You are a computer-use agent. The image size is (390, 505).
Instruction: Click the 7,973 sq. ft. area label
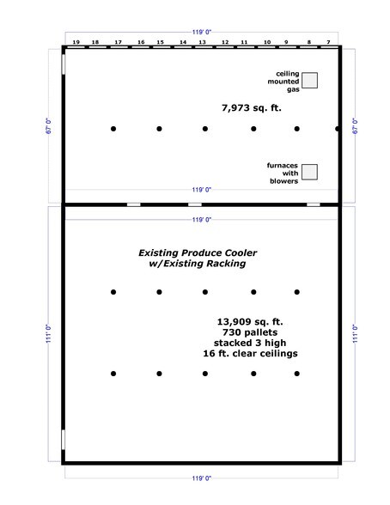click(x=252, y=108)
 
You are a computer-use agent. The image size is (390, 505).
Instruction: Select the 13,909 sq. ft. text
click(x=250, y=322)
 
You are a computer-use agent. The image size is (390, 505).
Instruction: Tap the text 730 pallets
click(x=250, y=332)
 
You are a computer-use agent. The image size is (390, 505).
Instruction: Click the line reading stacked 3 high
click(x=250, y=343)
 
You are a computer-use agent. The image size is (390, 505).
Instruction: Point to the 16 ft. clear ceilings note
click(x=250, y=354)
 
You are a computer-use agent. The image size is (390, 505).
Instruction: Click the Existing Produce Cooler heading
click(x=198, y=252)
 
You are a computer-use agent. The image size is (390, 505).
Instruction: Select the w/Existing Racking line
click(x=198, y=264)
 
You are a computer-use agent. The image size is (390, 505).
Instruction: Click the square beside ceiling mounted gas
click(x=310, y=80)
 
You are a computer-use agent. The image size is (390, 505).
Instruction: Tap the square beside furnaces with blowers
click(x=310, y=172)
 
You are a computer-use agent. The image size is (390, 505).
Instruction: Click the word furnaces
click(x=283, y=166)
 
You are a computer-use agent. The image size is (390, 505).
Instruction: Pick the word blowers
click(x=284, y=181)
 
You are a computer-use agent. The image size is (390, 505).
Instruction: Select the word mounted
click(x=283, y=82)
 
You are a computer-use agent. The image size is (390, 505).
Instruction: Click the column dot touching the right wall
click(x=338, y=129)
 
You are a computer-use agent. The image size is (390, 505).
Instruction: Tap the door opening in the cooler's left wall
click(x=63, y=440)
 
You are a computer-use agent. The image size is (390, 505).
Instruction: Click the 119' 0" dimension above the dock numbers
click(x=202, y=33)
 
